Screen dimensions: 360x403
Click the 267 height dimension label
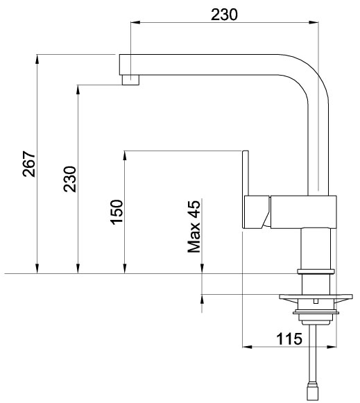[x=28, y=164]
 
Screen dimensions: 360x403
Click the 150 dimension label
[x=117, y=212]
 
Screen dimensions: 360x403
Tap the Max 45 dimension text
[x=194, y=226]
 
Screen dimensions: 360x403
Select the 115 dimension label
[x=289, y=338]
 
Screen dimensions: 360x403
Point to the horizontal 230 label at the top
[x=224, y=15]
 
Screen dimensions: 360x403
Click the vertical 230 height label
[x=70, y=179]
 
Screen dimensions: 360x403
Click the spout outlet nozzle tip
[x=130, y=80]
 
